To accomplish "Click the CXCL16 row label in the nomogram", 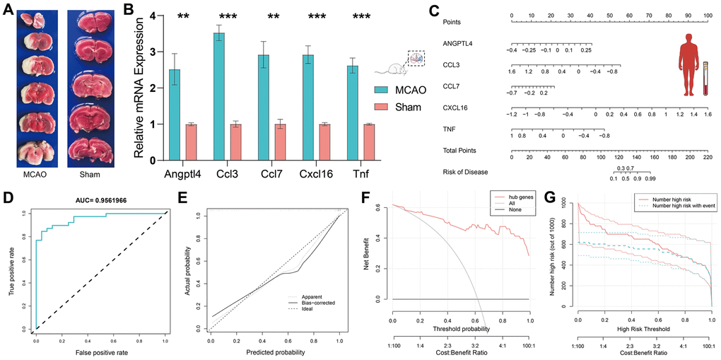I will [457, 108].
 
